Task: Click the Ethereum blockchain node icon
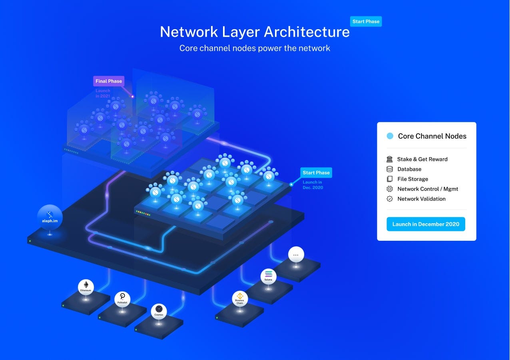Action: (x=86, y=287)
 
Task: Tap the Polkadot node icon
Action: (x=122, y=298)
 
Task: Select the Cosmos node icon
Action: (x=159, y=311)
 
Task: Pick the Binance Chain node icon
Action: (x=240, y=298)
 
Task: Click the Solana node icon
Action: (x=268, y=276)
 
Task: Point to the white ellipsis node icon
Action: (x=296, y=254)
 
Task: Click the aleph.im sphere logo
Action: (x=50, y=217)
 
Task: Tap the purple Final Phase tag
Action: (x=109, y=81)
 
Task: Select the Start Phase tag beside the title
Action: (x=366, y=22)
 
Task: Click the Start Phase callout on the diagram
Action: (x=316, y=173)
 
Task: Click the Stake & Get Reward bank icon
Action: (x=390, y=159)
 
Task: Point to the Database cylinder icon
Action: (x=390, y=169)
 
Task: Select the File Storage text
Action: (x=412, y=179)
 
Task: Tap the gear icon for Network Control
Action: (x=390, y=189)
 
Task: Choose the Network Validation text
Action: (x=421, y=199)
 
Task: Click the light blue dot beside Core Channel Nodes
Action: (x=390, y=136)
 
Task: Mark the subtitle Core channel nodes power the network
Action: (x=255, y=48)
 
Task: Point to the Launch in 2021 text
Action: (x=103, y=93)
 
